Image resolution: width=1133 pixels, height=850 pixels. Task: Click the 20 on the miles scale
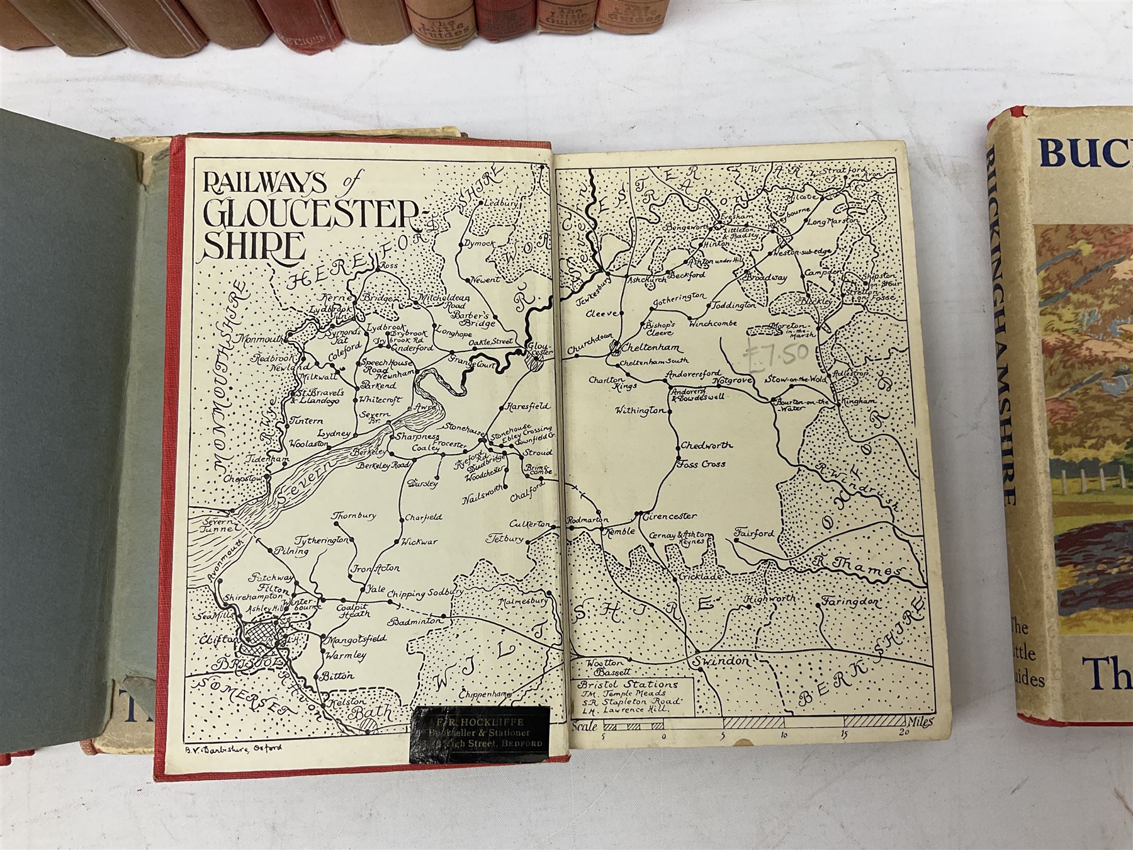[904, 733]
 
